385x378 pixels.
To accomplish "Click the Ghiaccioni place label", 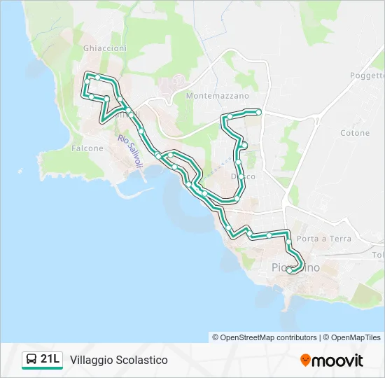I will click(x=105, y=48).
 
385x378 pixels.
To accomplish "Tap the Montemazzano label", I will click(x=218, y=95).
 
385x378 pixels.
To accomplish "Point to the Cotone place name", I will click(x=355, y=133).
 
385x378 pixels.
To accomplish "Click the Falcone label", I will click(x=87, y=148).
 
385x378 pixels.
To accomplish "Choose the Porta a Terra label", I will click(x=324, y=239).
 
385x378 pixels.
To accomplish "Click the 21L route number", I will click(x=50, y=359).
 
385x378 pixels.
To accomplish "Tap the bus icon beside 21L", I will click(x=31, y=360).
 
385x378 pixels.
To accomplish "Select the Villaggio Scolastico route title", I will click(x=119, y=360).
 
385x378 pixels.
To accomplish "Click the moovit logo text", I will click(x=337, y=360).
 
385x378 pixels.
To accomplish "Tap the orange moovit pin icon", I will click(x=305, y=360).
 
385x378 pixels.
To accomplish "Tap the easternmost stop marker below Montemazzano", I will click(x=258, y=112).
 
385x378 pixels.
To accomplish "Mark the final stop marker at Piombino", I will click(x=290, y=269).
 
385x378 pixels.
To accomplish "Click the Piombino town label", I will click(x=296, y=267).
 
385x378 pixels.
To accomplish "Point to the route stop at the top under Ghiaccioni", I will click(x=99, y=77).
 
